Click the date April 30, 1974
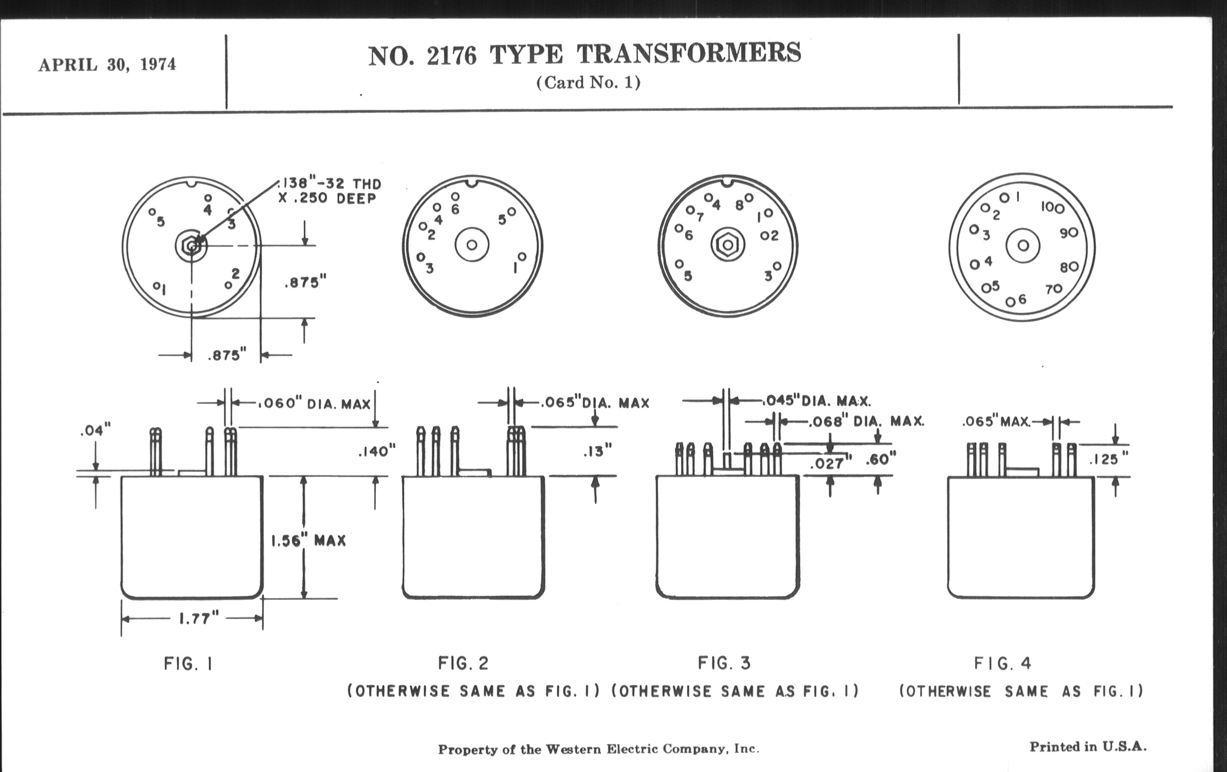(107, 65)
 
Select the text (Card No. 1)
(588, 83)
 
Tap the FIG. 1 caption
(188, 664)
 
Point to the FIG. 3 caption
(724, 663)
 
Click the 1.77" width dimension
(198, 619)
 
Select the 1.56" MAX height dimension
(309, 540)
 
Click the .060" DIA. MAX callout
(315, 404)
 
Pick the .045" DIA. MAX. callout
(817, 401)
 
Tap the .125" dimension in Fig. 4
(1109, 459)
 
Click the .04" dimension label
(95, 430)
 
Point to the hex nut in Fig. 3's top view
(728, 245)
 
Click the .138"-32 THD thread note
(329, 184)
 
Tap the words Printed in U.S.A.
(1088, 747)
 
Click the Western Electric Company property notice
(598, 749)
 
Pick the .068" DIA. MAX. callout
(867, 421)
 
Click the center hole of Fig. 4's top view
(1023, 246)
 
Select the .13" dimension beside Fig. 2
(597, 451)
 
